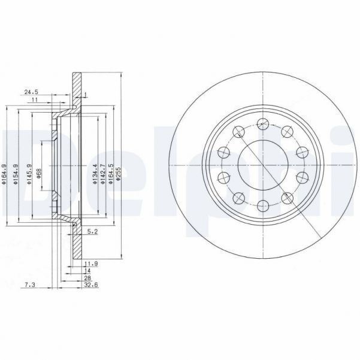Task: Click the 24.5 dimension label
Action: point(31,92)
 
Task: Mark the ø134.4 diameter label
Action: point(95,174)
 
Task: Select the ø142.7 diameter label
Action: point(103,174)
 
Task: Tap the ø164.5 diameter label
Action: point(111,174)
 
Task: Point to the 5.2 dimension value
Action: point(93,231)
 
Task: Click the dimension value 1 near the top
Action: point(86,94)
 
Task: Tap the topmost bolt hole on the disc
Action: point(262,124)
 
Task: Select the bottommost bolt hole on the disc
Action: point(262,207)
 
